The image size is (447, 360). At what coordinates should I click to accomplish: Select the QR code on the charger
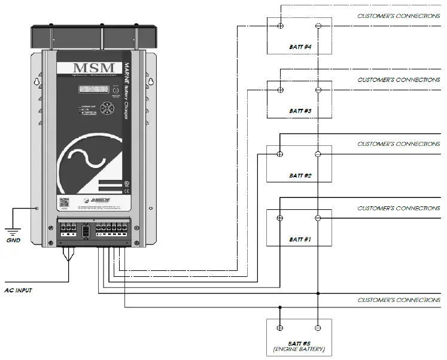click(64, 203)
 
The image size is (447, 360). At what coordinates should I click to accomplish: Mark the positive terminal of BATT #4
click(280, 26)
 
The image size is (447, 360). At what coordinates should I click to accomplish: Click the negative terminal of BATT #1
click(318, 218)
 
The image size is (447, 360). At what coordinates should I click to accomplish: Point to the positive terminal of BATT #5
click(280, 327)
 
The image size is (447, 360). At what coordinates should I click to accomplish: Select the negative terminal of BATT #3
click(318, 90)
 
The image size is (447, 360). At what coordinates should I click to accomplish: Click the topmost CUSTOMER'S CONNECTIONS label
click(399, 16)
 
